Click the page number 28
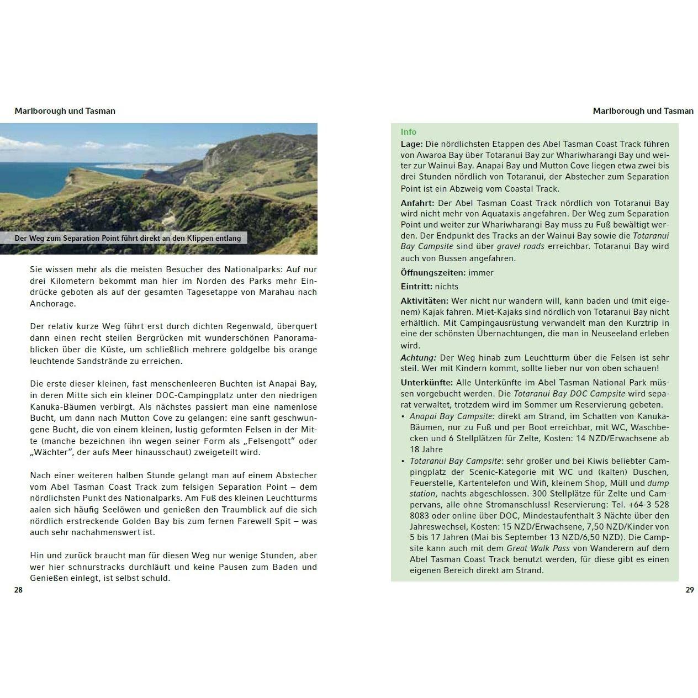coord(18,590)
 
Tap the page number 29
coord(689,590)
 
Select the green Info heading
coord(409,132)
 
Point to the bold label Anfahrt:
coord(417,203)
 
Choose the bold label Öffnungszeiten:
coord(433,272)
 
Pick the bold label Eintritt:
coord(416,286)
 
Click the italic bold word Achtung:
coord(419,358)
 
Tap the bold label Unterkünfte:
coord(427,382)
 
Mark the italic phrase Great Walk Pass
coord(533,548)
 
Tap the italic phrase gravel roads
coord(520,246)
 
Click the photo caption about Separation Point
coord(128,238)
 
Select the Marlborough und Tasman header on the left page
coord(65,111)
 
